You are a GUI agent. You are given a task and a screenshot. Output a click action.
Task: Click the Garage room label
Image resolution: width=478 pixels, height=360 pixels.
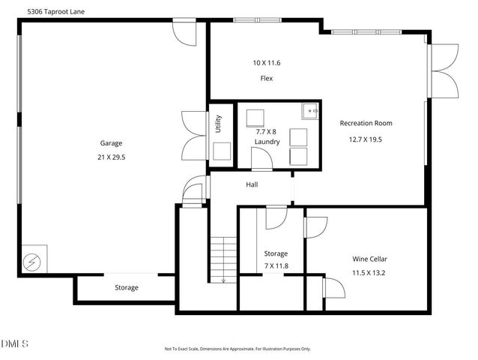(111, 143)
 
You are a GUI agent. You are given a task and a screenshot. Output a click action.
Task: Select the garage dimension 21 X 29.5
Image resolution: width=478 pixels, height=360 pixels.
(111, 158)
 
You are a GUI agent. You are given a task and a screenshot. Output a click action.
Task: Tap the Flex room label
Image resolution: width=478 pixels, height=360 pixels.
(266, 78)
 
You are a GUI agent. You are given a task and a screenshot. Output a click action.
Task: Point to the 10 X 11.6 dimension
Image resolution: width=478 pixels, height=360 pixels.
(266, 63)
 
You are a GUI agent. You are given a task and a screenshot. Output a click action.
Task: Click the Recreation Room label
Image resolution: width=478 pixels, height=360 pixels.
(366, 123)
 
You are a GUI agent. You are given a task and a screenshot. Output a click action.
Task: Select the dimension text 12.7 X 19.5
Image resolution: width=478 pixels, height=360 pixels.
(366, 139)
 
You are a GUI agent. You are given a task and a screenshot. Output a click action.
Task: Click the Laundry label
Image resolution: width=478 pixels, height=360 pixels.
(267, 141)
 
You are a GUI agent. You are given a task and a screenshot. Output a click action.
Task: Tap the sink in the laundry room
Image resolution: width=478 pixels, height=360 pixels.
(311, 111)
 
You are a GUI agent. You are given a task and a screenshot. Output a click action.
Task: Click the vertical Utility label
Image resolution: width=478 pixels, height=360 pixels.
(218, 123)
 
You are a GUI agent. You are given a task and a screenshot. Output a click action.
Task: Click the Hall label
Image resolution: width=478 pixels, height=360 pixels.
(252, 184)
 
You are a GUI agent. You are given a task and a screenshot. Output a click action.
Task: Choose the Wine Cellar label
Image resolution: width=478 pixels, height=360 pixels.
(369, 259)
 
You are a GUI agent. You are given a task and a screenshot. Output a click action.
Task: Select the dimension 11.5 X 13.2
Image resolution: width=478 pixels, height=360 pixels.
(369, 274)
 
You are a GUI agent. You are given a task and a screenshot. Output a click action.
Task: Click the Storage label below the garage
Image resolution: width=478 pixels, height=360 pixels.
(126, 288)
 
